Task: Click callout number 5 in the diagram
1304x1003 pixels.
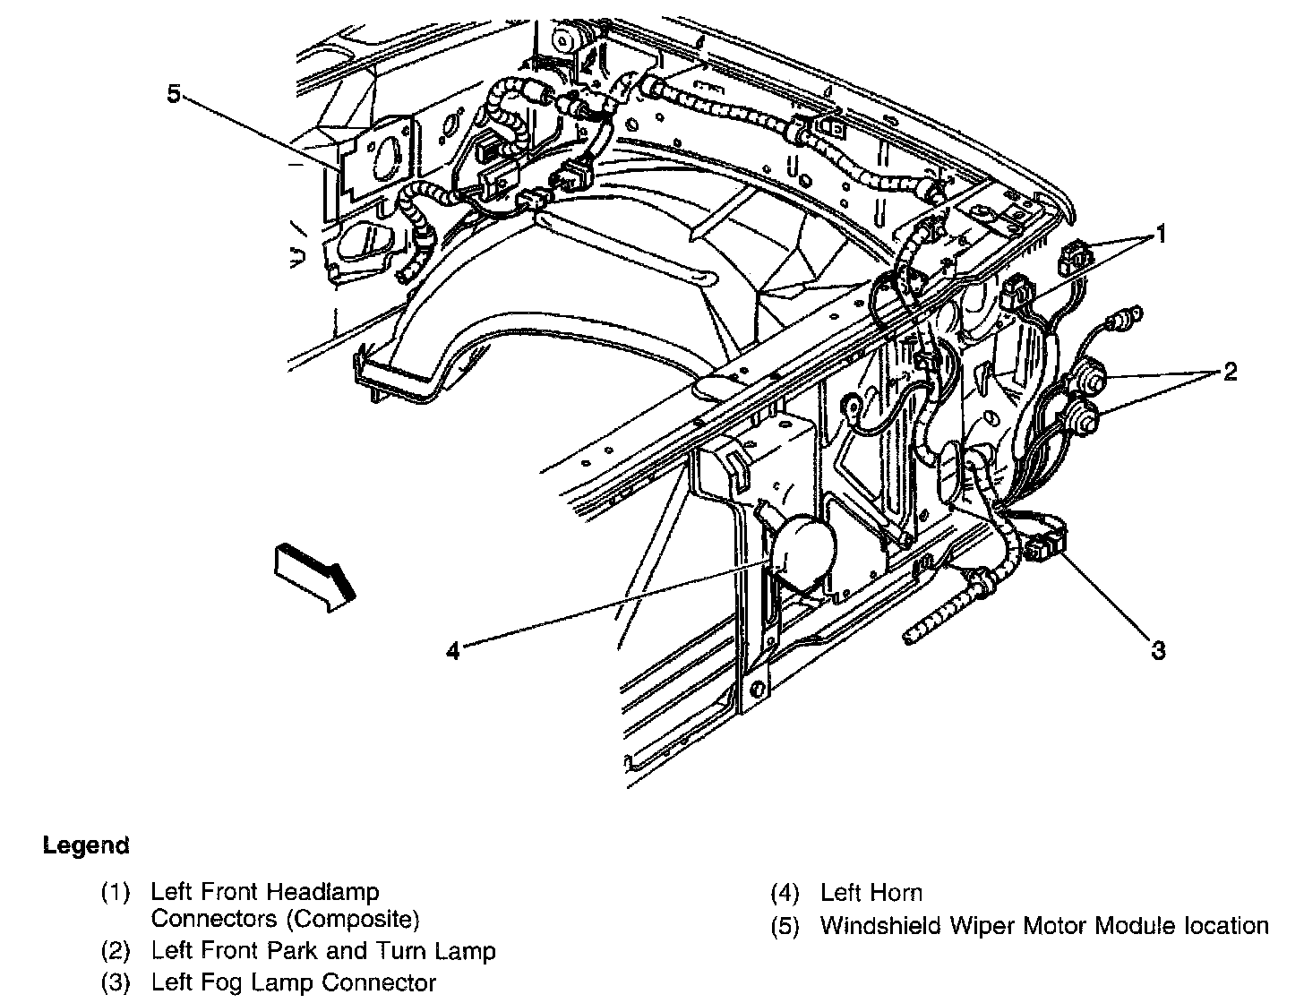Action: coord(174,93)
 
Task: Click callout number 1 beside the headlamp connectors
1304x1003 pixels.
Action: coord(1160,235)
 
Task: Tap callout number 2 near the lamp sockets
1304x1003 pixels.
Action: coord(1230,371)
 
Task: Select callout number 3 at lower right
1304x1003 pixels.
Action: coord(1158,650)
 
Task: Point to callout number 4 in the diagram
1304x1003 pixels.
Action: coord(453,651)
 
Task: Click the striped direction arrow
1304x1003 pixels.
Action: coord(313,577)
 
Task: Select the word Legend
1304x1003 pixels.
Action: coord(86,845)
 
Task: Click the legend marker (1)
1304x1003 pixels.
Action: coord(116,892)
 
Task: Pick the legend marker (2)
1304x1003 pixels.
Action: coord(116,950)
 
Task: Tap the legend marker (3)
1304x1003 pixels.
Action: coord(116,982)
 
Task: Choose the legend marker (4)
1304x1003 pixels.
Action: coord(785,893)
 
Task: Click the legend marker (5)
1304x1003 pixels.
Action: coord(785,926)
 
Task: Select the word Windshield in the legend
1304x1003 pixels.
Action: coord(872,926)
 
